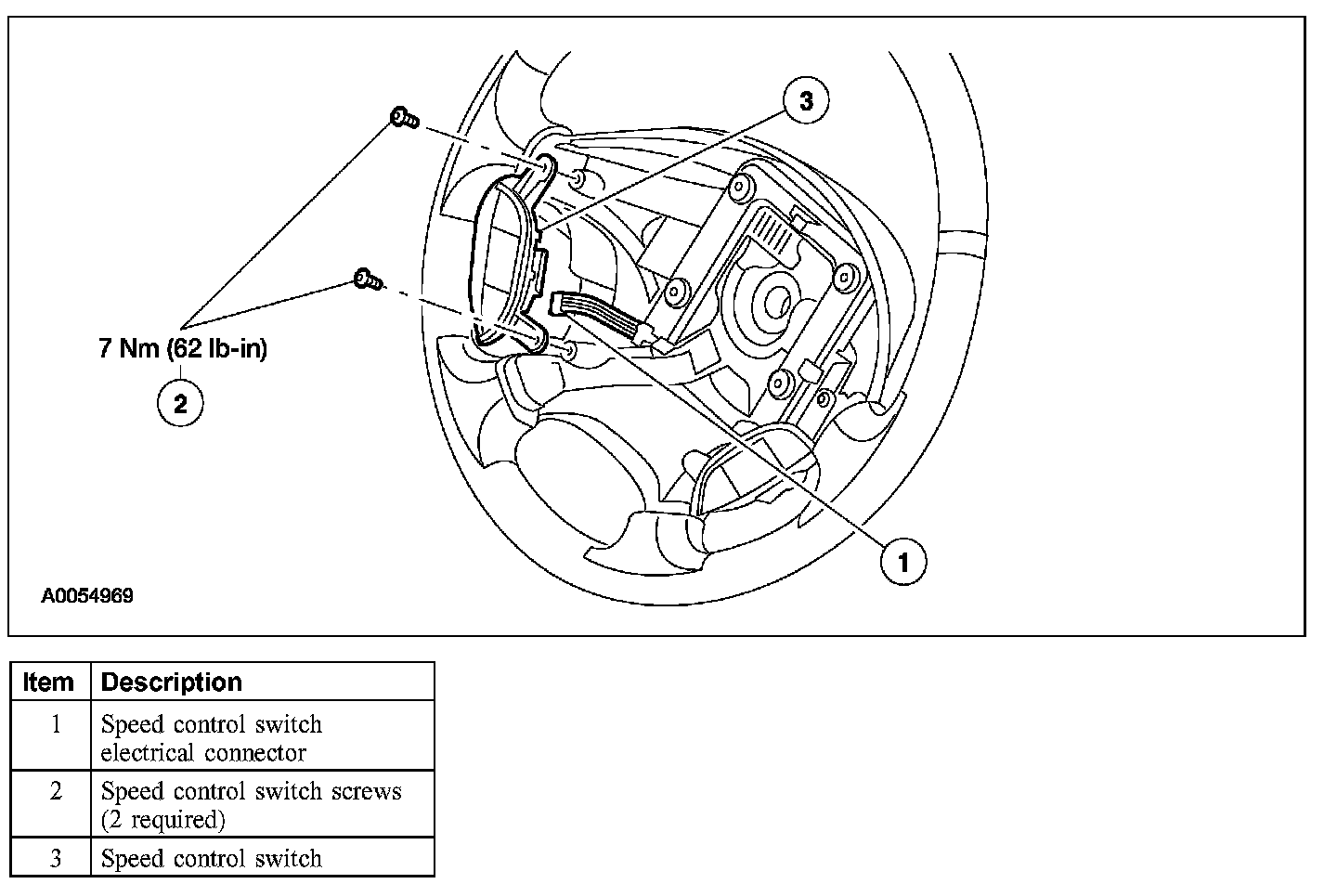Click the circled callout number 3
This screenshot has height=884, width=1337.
coord(805,101)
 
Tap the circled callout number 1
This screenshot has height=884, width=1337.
coord(902,561)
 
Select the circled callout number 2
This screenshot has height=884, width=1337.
coord(180,403)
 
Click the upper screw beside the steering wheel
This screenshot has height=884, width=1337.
coord(404,118)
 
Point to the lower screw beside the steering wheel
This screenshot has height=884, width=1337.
coord(367,278)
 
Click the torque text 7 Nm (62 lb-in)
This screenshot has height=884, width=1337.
coord(183,349)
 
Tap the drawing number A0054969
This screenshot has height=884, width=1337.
coord(87,596)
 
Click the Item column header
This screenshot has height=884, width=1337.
coord(48,682)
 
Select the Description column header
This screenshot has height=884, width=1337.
coord(172,682)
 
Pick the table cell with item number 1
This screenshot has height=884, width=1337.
coord(55,724)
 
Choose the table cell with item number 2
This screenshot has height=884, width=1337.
coord(55,791)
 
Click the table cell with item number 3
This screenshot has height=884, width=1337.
coord(55,858)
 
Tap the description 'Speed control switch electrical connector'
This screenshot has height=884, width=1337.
coord(212,737)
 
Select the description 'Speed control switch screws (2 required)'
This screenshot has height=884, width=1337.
coord(251,805)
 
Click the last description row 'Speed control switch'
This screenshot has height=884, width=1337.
coord(212,858)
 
